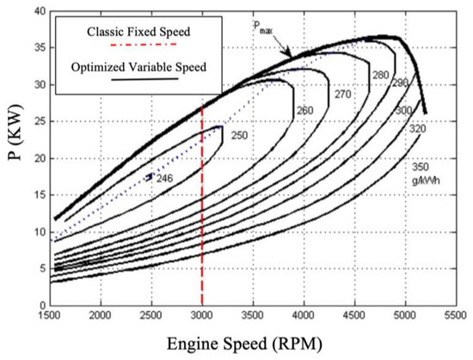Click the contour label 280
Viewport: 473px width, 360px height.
click(x=380, y=76)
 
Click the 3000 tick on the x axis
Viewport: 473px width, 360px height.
click(x=202, y=314)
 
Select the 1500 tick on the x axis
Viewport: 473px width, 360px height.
click(x=51, y=314)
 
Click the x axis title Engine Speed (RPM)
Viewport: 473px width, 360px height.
click(x=254, y=343)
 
